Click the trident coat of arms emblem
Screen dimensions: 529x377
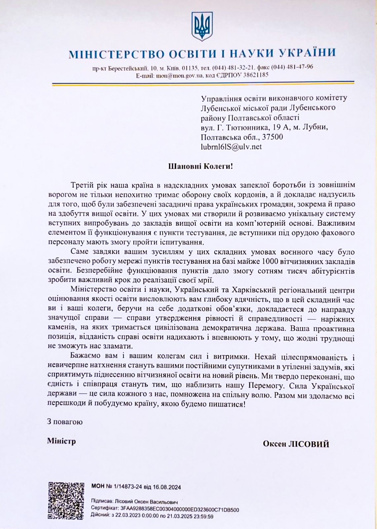click(202, 26)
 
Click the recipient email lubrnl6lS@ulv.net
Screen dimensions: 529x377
click(231, 146)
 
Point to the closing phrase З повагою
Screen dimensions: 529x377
click(65, 422)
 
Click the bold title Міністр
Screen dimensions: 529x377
click(62, 441)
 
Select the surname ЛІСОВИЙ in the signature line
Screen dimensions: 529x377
click(313, 444)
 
